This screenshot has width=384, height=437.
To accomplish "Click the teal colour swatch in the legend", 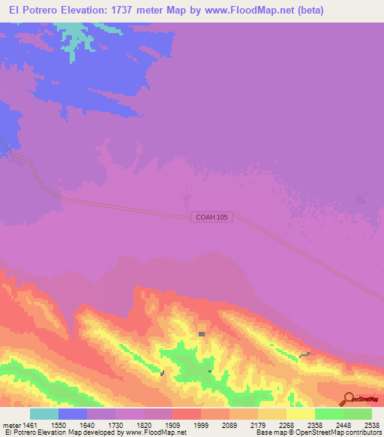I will pos(44,414).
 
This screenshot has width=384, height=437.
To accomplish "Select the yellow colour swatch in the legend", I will pos(301,414).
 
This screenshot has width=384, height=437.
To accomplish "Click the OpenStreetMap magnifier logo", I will pos(347,399).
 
